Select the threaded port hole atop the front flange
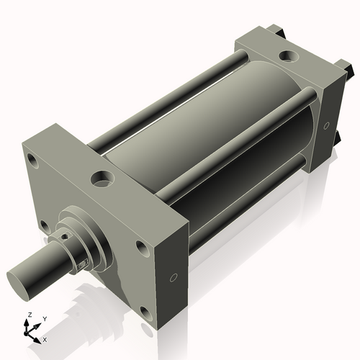[99, 176]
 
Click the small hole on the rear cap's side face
[326, 126]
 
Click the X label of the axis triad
[45, 338]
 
